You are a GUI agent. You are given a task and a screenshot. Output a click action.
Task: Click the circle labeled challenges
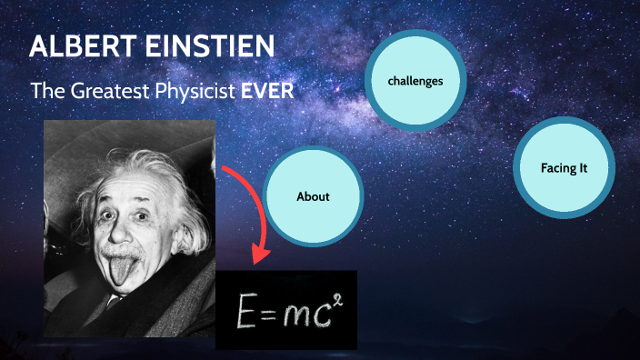(415, 82)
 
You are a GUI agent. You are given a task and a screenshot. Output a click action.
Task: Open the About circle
(313, 196)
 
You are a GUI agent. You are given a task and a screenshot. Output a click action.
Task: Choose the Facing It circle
(564, 169)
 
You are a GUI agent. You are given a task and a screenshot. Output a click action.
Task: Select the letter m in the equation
(295, 314)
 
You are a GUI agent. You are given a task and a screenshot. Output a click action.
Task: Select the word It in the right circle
(583, 169)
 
